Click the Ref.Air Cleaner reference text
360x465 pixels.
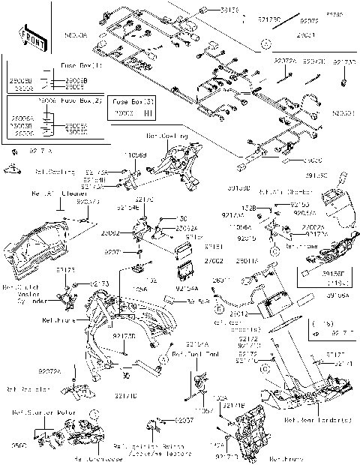[x=58, y=193]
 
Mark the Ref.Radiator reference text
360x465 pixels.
[x=29, y=389]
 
